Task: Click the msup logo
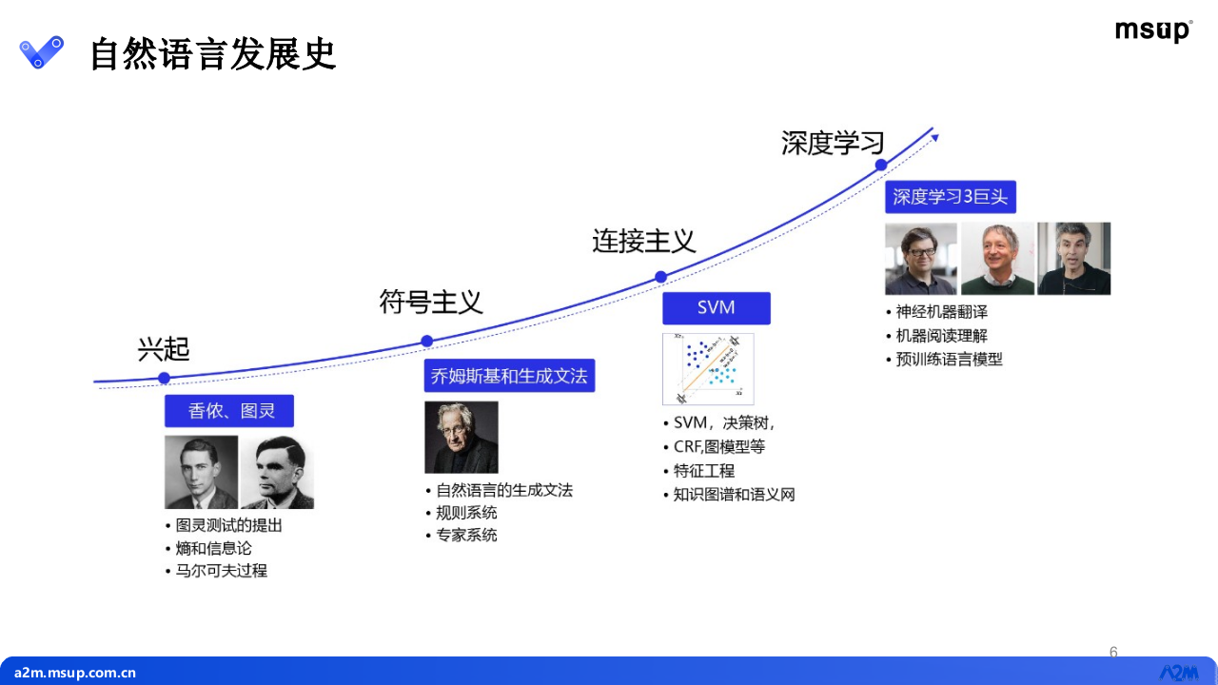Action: click(x=1152, y=31)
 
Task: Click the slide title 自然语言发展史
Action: click(x=212, y=54)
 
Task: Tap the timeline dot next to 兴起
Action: click(x=164, y=378)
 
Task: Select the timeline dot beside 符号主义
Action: click(x=427, y=341)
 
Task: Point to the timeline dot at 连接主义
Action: click(x=660, y=277)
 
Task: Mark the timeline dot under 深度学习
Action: click(x=881, y=165)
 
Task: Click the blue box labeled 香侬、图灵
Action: click(x=229, y=411)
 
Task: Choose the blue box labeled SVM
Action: click(x=716, y=307)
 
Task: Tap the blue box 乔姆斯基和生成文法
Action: click(x=509, y=376)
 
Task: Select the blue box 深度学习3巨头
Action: click(x=950, y=197)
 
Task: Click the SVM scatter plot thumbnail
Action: click(x=708, y=369)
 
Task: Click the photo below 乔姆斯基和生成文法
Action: click(x=461, y=437)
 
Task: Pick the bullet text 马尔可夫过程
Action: click(x=222, y=571)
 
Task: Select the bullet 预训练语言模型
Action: click(x=949, y=360)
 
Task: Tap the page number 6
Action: click(x=1113, y=653)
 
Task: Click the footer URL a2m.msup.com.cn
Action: click(x=75, y=673)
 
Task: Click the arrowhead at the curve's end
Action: click(x=935, y=138)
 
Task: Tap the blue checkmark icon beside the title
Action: click(x=42, y=51)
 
